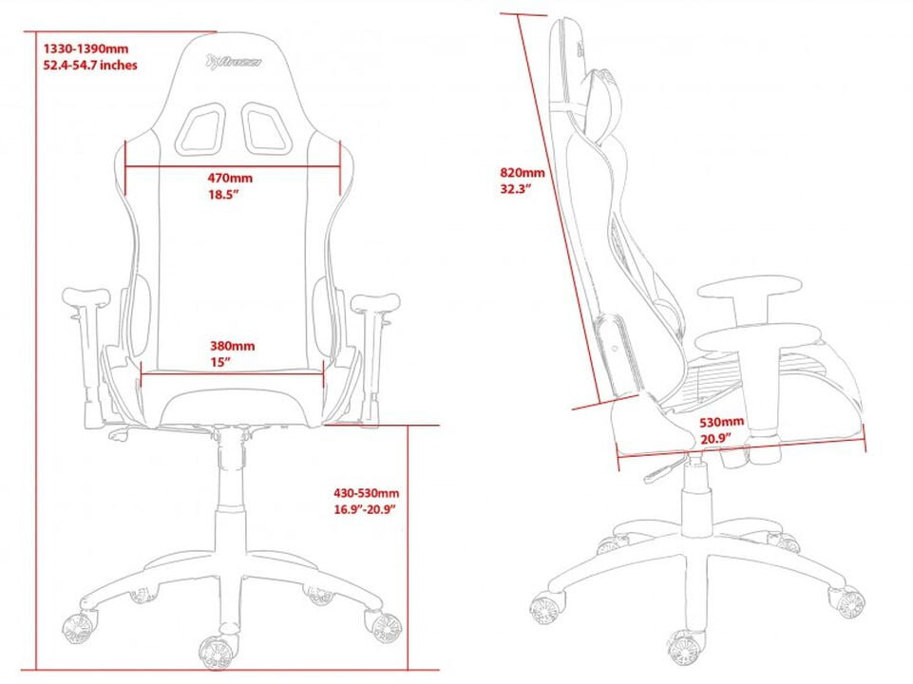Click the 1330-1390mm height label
click(x=85, y=48)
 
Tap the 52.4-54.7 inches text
click(x=90, y=65)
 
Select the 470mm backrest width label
click(x=231, y=178)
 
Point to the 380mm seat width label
click(x=232, y=346)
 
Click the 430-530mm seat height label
click(x=366, y=493)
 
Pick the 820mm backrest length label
click(x=523, y=173)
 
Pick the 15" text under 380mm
click(x=220, y=362)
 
